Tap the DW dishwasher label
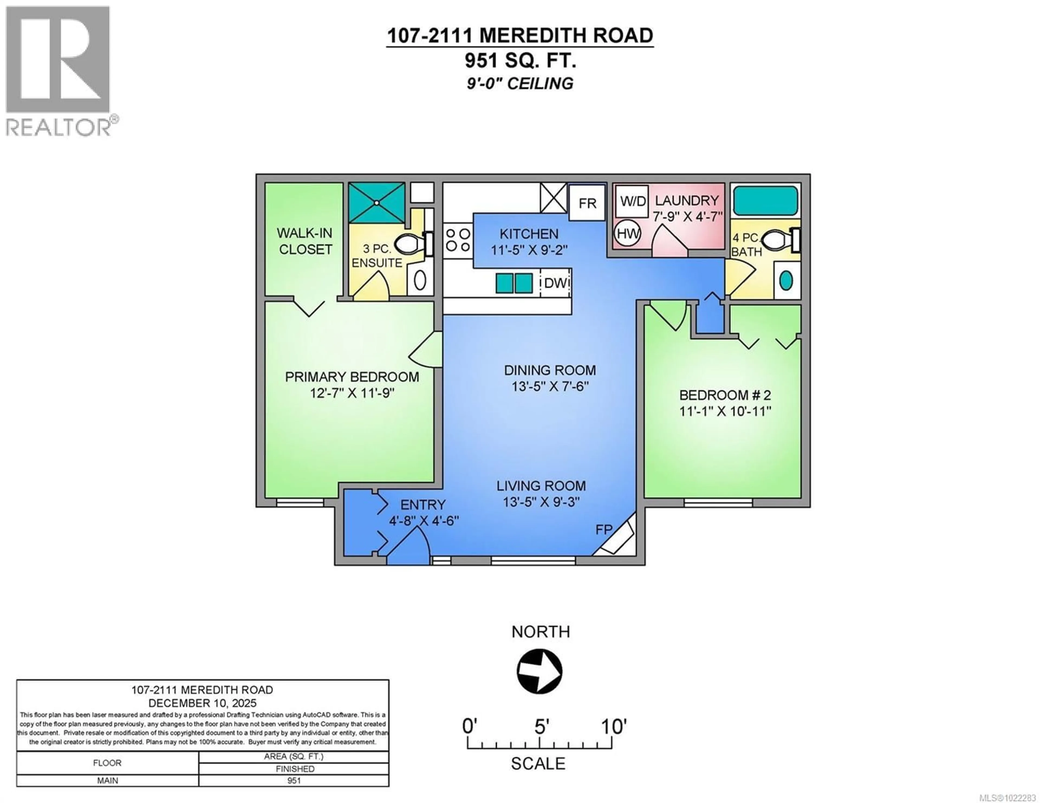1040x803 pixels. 556,283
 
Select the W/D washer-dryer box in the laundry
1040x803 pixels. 632,201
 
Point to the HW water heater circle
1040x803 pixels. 628,234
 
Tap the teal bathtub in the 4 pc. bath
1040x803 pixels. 765,200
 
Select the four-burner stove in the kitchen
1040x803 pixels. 458,240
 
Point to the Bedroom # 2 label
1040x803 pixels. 725,395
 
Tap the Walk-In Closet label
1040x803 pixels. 305,241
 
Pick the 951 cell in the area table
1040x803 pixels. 294,781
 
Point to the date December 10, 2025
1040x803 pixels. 202,703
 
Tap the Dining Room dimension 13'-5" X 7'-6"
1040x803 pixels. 550,386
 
